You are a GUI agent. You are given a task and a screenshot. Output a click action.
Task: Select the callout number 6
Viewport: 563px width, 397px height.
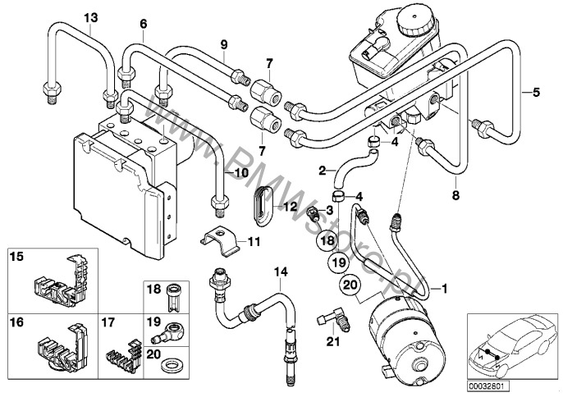point(143,23)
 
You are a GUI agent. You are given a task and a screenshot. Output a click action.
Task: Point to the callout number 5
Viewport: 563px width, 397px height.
point(537,92)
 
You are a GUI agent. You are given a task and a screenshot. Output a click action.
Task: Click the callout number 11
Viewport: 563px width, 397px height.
point(254,242)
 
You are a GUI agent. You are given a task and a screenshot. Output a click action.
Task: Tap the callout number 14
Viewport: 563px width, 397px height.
point(281,272)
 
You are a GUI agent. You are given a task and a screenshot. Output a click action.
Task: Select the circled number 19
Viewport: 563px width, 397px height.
point(335,262)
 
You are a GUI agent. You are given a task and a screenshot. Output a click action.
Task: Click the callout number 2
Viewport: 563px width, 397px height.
point(323,171)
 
